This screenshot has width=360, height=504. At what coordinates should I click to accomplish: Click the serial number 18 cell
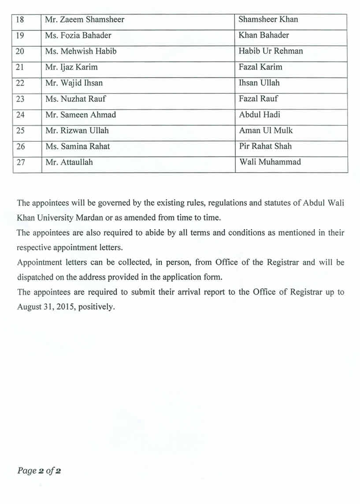point(20,19)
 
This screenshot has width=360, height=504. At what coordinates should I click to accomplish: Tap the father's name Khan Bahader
point(264,35)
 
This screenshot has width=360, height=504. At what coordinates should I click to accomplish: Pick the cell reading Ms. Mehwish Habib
point(81,51)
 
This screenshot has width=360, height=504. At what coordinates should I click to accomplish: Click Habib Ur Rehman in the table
point(271,51)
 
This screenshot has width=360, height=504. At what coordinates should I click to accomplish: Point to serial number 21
point(20,67)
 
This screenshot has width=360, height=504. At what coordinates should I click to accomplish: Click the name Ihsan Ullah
point(259,83)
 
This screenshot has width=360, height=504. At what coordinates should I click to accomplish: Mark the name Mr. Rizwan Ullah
point(77,130)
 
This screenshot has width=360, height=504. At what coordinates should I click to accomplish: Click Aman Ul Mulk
point(266,130)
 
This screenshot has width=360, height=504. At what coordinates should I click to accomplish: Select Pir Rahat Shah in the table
point(265,146)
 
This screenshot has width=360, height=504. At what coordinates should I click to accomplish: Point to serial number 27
point(21,162)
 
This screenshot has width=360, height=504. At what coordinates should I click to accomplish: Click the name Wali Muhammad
point(270,162)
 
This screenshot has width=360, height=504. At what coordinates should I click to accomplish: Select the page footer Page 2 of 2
point(39,471)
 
